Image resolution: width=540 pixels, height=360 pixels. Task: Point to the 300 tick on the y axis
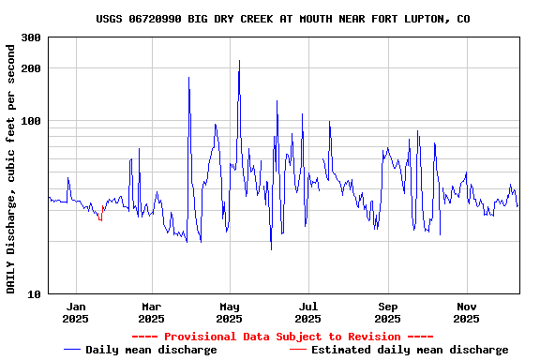(x=31, y=37)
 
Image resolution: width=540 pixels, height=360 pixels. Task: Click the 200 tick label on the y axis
(x=31, y=68)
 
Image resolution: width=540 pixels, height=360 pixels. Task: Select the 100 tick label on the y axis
(x=31, y=121)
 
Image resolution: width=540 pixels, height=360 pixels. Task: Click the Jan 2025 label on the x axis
(x=76, y=312)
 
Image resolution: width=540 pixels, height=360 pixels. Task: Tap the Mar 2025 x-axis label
(x=152, y=312)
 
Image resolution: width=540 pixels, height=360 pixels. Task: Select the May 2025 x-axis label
(x=230, y=312)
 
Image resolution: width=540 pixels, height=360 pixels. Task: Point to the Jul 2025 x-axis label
(x=308, y=312)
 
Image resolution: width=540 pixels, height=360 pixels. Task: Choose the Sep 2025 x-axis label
(x=387, y=312)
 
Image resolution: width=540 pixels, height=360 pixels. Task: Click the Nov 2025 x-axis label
(x=466, y=312)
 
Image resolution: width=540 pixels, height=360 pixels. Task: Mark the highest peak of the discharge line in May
(x=239, y=62)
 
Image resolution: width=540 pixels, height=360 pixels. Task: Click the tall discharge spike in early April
(x=188, y=79)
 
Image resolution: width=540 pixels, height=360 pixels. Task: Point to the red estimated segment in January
(x=99, y=217)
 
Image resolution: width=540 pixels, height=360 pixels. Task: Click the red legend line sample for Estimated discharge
(x=297, y=350)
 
